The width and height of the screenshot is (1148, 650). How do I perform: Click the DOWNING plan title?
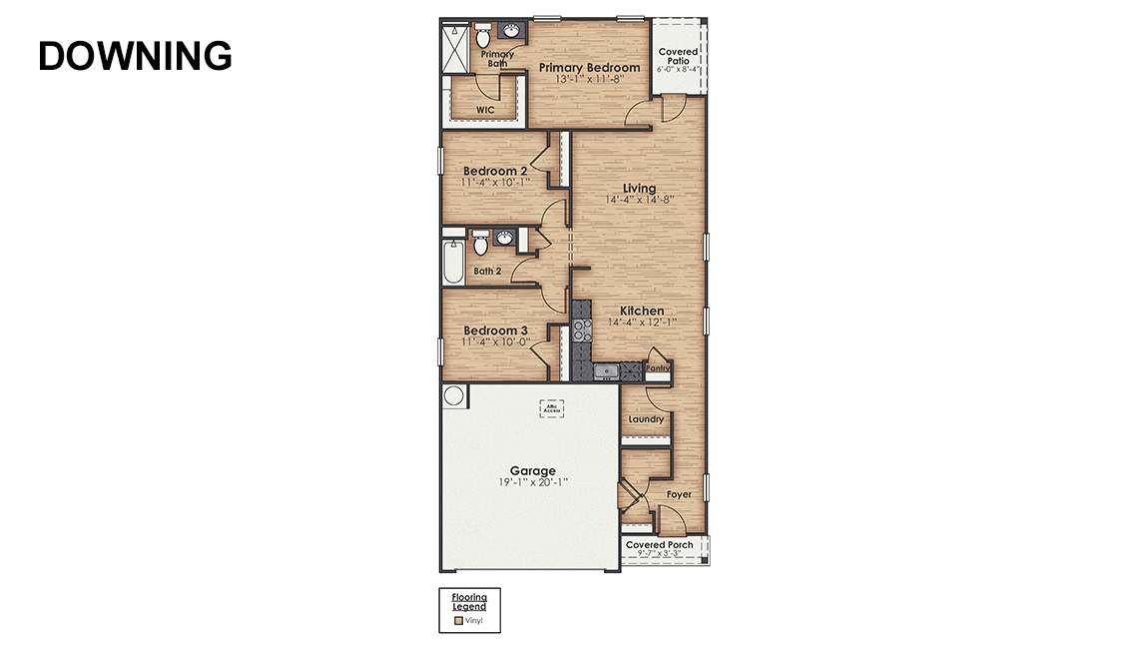[135, 56]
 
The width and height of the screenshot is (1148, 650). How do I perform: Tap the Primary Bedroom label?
[589, 68]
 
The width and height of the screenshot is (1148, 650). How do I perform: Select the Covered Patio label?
[679, 56]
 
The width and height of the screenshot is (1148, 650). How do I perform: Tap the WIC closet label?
[485, 110]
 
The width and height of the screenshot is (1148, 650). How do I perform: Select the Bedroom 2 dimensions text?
[496, 183]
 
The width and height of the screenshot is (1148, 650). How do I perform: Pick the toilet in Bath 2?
[480, 243]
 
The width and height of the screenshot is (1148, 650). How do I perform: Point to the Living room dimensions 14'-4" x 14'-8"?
[639, 200]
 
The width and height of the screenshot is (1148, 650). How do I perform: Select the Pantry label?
[657, 368]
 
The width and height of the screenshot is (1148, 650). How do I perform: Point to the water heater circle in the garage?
[453, 396]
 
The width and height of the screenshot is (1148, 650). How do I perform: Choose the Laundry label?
[646, 419]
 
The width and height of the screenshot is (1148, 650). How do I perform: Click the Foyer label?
[679, 494]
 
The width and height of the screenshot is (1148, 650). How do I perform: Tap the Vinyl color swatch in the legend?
[458, 620]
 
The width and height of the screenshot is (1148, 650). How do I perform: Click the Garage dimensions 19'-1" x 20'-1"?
[532, 482]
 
